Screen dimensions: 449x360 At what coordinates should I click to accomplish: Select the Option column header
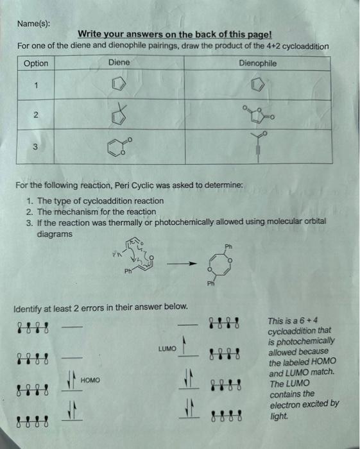tap(36, 63)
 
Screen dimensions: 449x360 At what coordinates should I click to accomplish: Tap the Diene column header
tap(119, 62)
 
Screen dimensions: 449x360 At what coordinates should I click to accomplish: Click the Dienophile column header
tap(257, 63)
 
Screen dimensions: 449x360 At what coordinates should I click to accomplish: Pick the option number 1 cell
tap(37, 85)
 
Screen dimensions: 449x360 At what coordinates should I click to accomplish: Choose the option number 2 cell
tap(37, 115)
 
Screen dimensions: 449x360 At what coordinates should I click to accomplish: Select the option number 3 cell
tap(37, 147)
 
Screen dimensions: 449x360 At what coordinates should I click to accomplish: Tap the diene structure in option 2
tap(119, 115)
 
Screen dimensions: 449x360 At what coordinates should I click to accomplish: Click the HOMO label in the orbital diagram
tap(90, 380)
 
